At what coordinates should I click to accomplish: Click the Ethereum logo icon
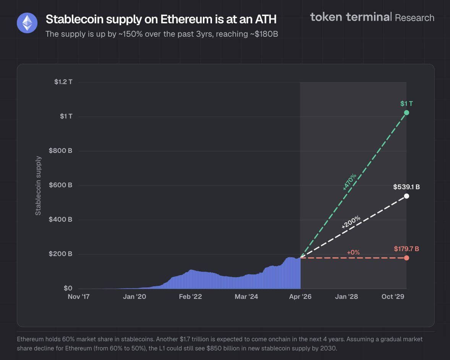click(x=27, y=23)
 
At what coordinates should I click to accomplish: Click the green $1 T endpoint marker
click(x=406, y=112)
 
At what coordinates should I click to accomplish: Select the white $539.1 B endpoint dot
click(x=406, y=196)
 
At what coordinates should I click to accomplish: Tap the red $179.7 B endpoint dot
click(x=406, y=258)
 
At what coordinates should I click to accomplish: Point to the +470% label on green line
click(x=350, y=182)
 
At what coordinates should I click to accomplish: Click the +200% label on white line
click(x=351, y=222)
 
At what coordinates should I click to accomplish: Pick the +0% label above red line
click(x=353, y=252)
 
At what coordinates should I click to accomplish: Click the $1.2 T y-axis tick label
click(x=63, y=82)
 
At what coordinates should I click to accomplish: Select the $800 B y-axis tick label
click(x=60, y=151)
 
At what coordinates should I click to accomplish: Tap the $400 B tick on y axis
click(x=60, y=219)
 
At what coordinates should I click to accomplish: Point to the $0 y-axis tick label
click(x=68, y=288)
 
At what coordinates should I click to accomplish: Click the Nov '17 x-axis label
click(x=78, y=297)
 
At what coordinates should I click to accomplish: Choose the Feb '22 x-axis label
click(x=190, y=297)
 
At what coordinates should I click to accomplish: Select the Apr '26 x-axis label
click(x=300, y=297)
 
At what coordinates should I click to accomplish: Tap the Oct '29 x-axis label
click(x=393, y=297)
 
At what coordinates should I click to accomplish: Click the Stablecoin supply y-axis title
click(x=38, y=185)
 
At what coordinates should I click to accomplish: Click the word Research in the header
click(x=414, y=18)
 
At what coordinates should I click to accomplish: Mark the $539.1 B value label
click(x=406, y=187)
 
